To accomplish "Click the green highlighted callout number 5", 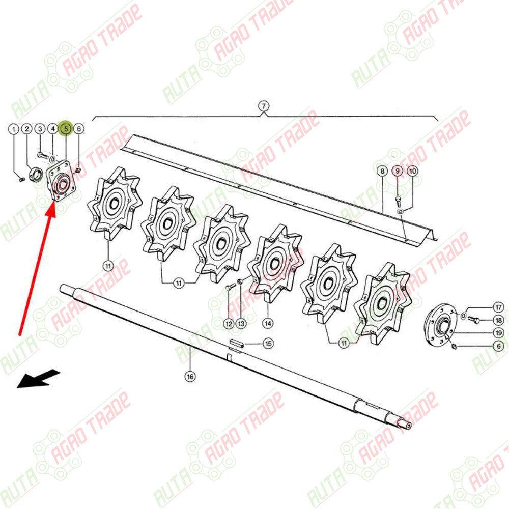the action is click(x=66, y=129).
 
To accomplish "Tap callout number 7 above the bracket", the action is click(x=264, y=106).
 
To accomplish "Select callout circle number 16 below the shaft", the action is click(x=190, y=377).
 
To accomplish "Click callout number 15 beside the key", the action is click(x=268, y=344).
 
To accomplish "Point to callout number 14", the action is click(x=268, y=323).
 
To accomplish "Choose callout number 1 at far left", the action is click(x=14, y=129).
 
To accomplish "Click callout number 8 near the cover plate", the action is click(x=382, y=171).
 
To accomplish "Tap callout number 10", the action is click(x=412, y=171).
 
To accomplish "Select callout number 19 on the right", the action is click(x=499, y=333).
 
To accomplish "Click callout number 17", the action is click(x=499, y=307).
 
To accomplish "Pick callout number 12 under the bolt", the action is click(x=229, y=324).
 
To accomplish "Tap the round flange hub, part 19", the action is click(x=440, y=325).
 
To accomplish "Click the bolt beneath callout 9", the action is click(x=398, y=201).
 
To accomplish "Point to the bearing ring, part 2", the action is click(x=36, y=174).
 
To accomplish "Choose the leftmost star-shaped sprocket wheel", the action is click(x=114, y=204).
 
